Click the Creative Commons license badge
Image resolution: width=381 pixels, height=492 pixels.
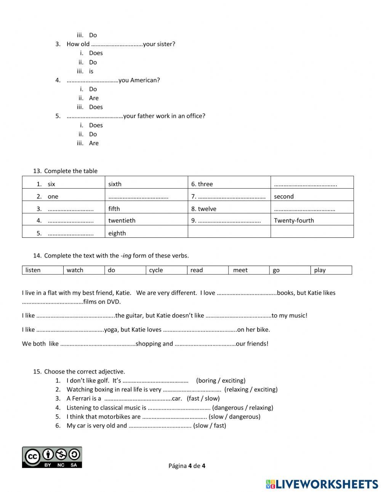52,457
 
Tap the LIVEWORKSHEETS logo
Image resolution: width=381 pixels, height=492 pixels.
322,484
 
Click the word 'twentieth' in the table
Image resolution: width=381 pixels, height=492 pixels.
122,220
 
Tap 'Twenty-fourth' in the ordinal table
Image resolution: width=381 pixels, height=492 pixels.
294,220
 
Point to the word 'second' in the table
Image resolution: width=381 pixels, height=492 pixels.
284,197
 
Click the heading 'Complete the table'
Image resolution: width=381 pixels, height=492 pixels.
70,171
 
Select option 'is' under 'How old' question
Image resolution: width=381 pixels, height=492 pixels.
91,71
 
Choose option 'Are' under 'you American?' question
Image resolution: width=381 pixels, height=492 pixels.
94,98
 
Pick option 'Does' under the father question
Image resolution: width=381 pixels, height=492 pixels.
96,125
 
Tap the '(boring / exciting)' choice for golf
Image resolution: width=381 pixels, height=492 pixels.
221,380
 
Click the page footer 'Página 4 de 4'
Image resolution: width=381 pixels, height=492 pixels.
187,466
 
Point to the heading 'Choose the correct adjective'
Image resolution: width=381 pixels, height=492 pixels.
84,371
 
